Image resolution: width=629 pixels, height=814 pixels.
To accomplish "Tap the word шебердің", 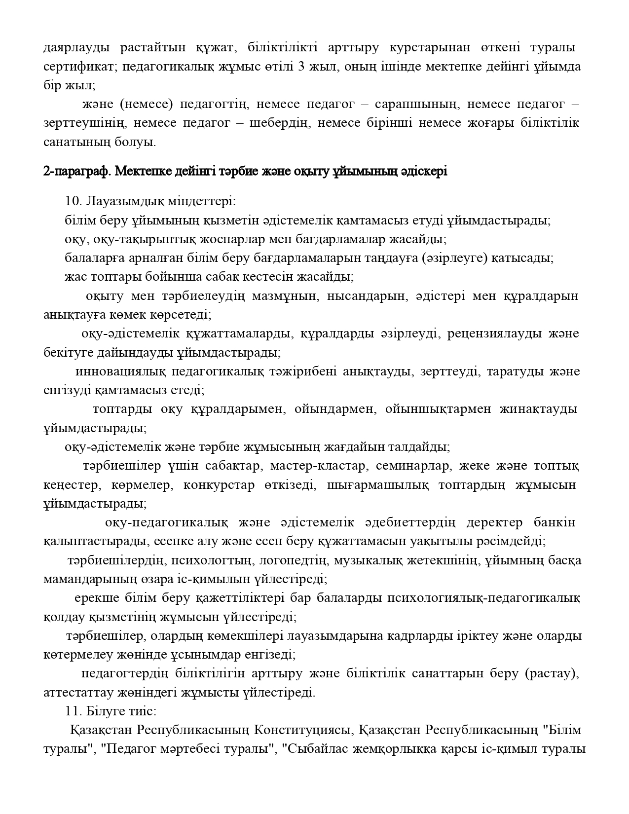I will (x=279, y=123).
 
